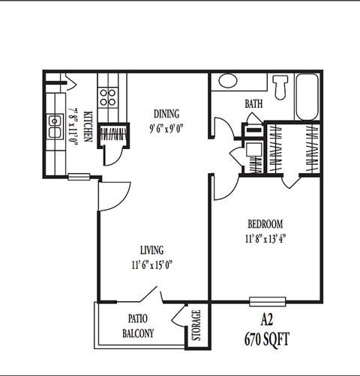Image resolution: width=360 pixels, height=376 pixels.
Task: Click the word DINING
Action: [x=166, y=114]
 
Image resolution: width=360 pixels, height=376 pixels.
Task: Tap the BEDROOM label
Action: [x=265, y=224]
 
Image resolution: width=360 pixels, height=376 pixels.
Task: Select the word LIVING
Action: [x=151, y=249]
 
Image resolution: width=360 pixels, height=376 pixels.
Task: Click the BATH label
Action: [x=253, y=104]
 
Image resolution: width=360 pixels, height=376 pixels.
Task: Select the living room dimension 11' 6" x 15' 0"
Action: [x=151, y=264]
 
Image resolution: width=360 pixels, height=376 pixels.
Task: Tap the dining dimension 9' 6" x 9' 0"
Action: [x=166, y=127]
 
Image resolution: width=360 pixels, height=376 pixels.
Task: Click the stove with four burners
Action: [x=108, y=96]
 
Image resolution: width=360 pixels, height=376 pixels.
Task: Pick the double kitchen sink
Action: [x=55, y=127]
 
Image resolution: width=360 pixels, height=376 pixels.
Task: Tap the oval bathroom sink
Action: [x=228, y=82]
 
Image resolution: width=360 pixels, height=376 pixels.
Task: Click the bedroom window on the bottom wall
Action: [x=266, y=302]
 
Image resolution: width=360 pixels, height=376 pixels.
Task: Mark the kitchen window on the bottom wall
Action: [x=78, y=178]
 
